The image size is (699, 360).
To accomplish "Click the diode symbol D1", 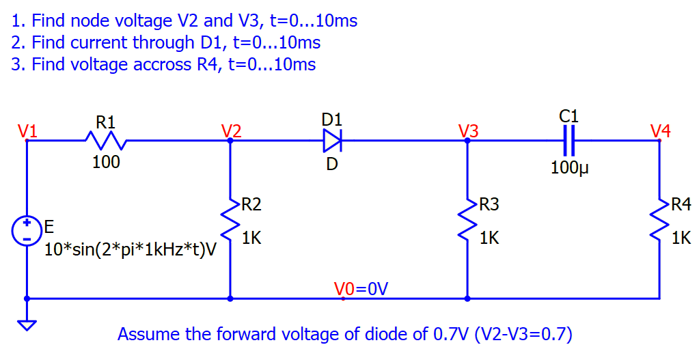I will point(332,140).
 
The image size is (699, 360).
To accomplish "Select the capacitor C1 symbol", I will point(568,140).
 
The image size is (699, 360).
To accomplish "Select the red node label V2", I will point(231,130).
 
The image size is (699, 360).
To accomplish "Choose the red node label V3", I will point(468,130).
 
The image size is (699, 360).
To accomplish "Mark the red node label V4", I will point(661,130).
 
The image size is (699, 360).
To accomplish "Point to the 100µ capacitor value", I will point(568,167).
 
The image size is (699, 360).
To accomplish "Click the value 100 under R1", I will point(106,162).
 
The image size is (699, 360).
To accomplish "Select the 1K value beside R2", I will point(251,238).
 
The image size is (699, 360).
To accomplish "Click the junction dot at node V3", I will point(467,140).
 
